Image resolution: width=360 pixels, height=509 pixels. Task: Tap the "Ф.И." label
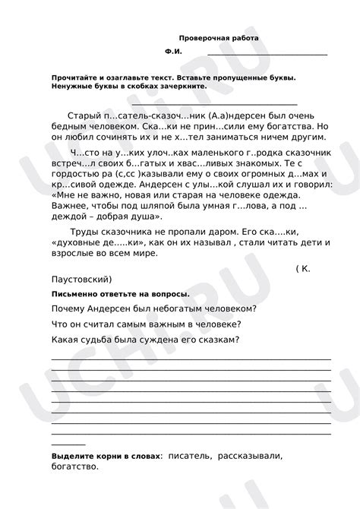click(x=173, y=52)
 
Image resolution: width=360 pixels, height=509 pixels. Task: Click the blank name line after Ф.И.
click(x=267, y=54)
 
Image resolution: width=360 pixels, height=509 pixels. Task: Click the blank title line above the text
click(x=204, y=103)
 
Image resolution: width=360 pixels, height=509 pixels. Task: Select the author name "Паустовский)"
click(x=81, y=279)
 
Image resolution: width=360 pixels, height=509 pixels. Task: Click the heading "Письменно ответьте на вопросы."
click(x=120, y=294)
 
